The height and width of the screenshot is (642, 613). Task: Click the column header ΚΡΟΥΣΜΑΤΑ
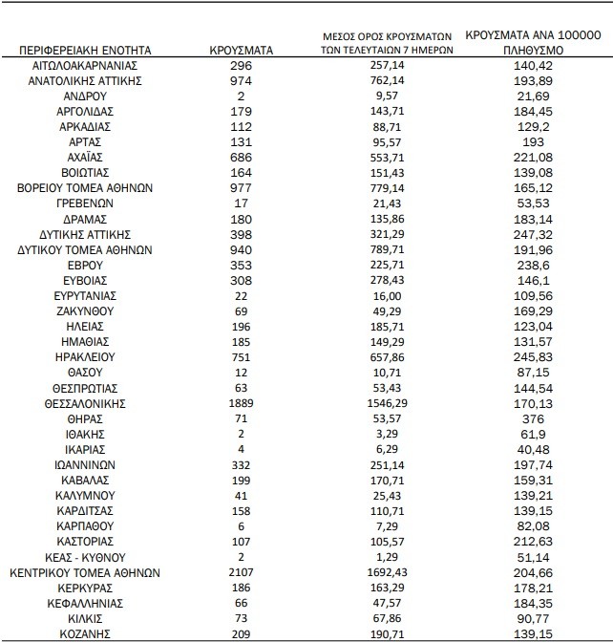tap(241, 49)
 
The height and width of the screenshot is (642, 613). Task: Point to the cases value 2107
tap(241, 573)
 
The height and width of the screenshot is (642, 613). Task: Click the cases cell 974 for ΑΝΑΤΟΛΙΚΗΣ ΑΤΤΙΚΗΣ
tap(241, 81)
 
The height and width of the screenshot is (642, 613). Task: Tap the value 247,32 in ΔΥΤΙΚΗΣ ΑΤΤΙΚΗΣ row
tap(532, 234)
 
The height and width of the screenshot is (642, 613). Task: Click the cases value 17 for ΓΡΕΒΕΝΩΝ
tap(241, 203)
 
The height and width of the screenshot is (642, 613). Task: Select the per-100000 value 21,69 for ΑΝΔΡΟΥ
tap(532, 97)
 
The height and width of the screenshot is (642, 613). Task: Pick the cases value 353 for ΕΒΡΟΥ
tap(241, 265)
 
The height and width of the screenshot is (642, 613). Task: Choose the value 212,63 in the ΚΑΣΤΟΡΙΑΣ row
tap(532, 541)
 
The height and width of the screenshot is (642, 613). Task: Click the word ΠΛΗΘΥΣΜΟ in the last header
tap(532, 49)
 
